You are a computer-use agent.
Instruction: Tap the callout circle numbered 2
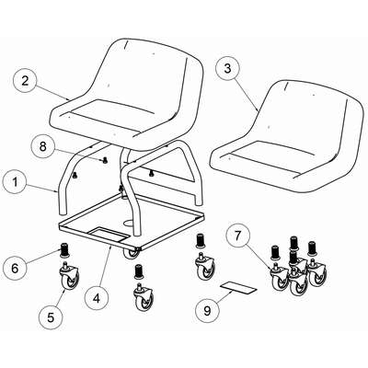25,81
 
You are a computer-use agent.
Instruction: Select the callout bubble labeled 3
227,68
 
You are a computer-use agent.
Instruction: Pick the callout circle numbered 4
97,298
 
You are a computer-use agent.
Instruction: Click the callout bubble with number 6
15,269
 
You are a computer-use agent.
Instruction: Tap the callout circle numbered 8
43,146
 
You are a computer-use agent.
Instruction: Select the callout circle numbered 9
208,311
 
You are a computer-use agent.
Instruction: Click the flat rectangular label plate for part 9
238,288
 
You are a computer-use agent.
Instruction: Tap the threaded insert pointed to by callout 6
64,249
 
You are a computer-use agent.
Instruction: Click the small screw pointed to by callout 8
105,160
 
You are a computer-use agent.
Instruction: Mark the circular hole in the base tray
129,222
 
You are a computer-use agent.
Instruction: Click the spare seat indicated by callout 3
288,135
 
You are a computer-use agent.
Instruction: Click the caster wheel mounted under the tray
132,254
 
